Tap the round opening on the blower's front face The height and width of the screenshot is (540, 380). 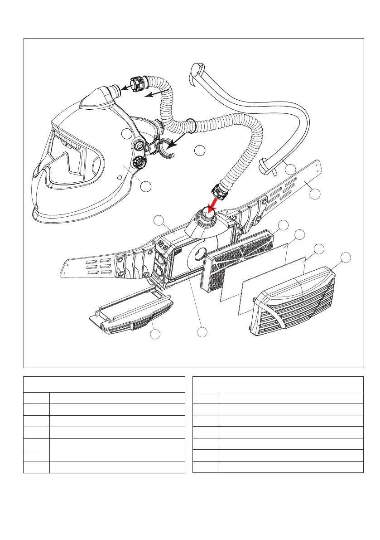[x=199, y=257]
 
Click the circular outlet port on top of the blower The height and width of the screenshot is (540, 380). [x=209, y=218]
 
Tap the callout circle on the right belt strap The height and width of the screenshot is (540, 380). [x=315, y=194]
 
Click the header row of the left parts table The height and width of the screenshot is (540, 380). [x=104, y=384]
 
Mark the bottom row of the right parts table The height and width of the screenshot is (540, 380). [x=278, y=467]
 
